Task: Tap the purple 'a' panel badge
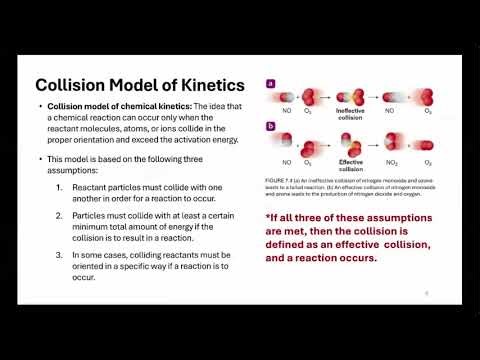270,85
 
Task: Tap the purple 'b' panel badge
270,126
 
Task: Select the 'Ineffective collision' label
350,113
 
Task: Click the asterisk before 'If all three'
268,217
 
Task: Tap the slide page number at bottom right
427,293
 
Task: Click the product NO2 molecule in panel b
393,142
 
